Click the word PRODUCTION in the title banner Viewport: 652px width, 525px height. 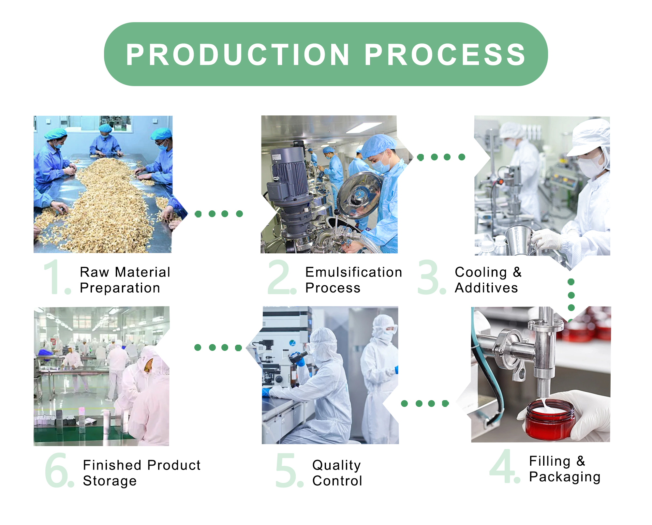(238, 54)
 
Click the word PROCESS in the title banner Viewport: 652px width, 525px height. (445, 54)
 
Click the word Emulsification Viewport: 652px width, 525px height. (354, 272)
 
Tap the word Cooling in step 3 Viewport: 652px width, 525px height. (481, 273)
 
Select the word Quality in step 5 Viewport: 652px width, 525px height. (336, 466)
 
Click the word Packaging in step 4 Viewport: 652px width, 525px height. (565, 477)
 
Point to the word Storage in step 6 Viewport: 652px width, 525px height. (110, 481)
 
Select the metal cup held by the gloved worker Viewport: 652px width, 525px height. (520, 240)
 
